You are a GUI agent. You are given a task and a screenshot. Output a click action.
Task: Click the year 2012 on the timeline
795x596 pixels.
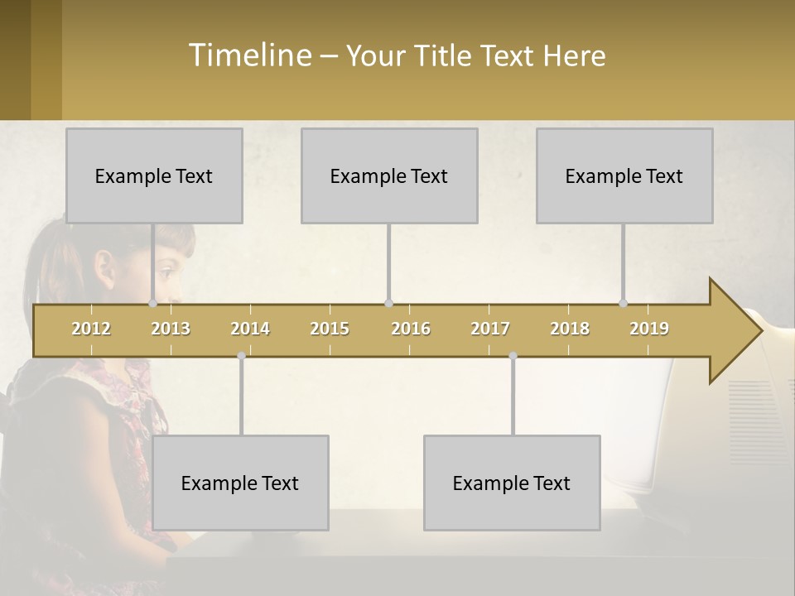pos(91,329)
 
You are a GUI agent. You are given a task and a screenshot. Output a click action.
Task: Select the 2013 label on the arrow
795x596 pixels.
pos(171,329)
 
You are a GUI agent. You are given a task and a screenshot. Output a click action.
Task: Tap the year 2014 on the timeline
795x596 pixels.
pos(250,329)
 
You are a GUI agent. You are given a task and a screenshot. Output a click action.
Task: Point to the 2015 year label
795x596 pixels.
pos(330,329)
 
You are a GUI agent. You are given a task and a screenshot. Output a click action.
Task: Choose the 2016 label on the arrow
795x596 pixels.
pos(411,329)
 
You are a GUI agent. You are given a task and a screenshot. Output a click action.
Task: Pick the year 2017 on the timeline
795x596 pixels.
pos(490,329)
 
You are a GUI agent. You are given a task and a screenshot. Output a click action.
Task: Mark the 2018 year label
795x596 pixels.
pos(570,329)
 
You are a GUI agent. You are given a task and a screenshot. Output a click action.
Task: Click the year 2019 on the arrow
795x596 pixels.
pos(649,329)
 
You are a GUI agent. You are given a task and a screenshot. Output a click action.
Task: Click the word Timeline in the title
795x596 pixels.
pos(249,55)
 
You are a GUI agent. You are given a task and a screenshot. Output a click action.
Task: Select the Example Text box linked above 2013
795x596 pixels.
pos(154,175)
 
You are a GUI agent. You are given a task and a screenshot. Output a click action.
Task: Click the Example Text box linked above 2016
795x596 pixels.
pos(389,175)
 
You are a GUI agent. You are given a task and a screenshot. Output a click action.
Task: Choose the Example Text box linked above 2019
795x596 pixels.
pos(624,175)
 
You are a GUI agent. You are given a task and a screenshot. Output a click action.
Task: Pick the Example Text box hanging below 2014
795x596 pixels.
pos(240,483)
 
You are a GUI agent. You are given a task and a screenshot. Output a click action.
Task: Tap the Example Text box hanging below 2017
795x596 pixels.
pos(512,483)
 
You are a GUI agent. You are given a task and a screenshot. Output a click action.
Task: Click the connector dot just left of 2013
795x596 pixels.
pos(152,304)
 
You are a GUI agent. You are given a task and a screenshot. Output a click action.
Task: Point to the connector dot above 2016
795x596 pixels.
pos(388,304)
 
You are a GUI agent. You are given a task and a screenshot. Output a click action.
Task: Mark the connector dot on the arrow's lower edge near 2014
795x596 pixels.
pos(241,356)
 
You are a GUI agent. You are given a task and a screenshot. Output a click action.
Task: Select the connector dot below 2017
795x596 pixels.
pos(513,356)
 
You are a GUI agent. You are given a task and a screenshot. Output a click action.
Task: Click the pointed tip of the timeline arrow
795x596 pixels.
pos(759,331)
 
